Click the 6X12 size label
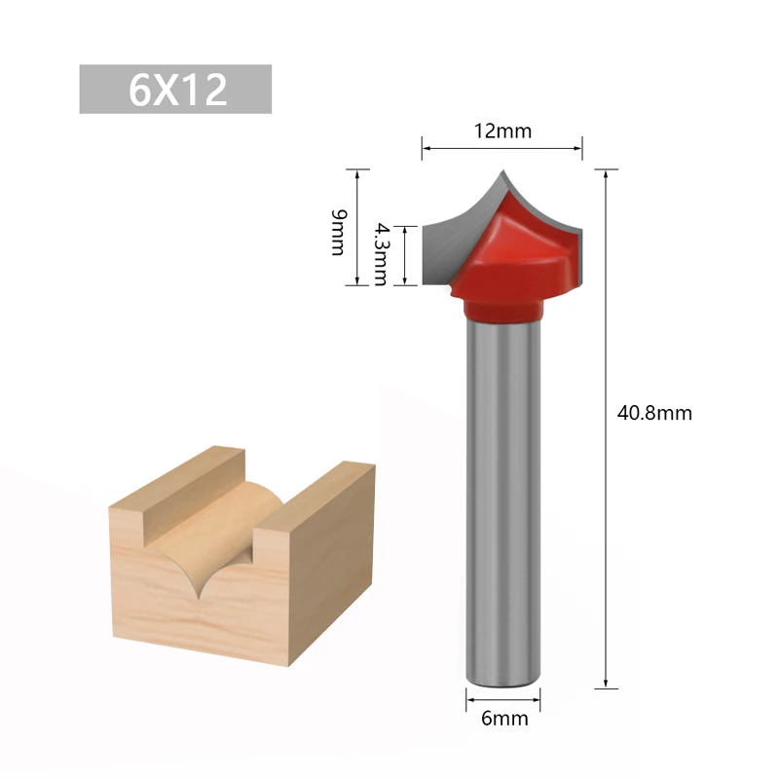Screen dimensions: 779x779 tap(176, 90)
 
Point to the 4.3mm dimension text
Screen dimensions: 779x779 tap(379, 252)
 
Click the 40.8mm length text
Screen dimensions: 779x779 tap(654, 413)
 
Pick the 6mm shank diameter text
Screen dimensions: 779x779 tap(503, 720)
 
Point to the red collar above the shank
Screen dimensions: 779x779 tap(503, 310)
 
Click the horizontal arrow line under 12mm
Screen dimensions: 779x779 tap(502, 148)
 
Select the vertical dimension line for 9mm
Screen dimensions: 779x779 tap(357, 228)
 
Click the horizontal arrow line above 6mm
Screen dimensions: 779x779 tap(503, 697)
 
